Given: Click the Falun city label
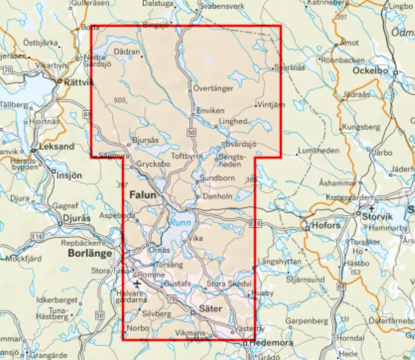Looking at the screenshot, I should coord(143,195).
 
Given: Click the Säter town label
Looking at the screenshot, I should coord(210,309).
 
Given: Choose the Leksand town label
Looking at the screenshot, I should coord(57,147).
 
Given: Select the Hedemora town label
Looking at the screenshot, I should coord(271,343).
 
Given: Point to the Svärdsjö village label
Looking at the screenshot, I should coord(241,144).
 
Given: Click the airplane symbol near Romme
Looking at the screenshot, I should coord(138,284).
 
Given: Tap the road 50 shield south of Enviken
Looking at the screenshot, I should coord(192,131).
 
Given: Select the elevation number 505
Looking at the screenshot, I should coord(118,100).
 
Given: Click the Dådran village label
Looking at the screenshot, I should coord(127,52).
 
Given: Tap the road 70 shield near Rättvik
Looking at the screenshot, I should coord(7,70).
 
